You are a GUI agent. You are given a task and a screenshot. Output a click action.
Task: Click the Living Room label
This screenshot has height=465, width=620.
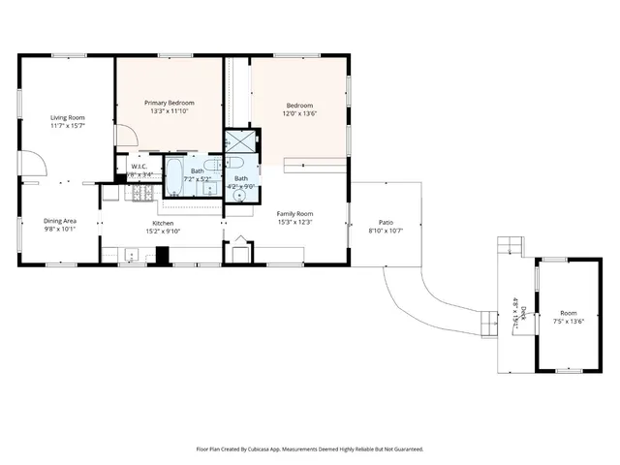[68, 117]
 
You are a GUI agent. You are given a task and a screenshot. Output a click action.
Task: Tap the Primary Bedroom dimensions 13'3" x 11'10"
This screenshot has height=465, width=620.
[170, 111]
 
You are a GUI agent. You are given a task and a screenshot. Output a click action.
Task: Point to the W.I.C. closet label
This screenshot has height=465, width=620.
[139, 166]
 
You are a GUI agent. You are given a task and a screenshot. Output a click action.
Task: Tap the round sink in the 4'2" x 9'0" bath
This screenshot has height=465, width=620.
[239, 195]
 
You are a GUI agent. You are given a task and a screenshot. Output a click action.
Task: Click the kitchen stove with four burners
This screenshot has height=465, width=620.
[140, 195]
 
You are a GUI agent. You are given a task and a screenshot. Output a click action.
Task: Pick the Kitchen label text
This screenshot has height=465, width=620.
[163, 222]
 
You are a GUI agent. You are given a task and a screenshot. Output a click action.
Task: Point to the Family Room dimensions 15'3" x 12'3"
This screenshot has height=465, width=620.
[294, 223]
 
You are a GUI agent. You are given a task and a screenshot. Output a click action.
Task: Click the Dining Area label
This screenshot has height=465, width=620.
[60, 221]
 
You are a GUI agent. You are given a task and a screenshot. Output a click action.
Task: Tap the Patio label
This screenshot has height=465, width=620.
[386, 224]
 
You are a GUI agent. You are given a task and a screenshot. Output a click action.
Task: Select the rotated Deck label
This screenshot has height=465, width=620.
[523, 313]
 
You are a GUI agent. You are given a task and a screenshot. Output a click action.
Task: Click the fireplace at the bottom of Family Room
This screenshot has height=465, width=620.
[238, 254]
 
